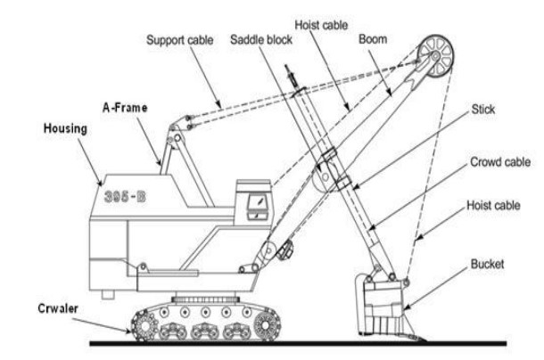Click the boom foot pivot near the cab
(x=263, y=250)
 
